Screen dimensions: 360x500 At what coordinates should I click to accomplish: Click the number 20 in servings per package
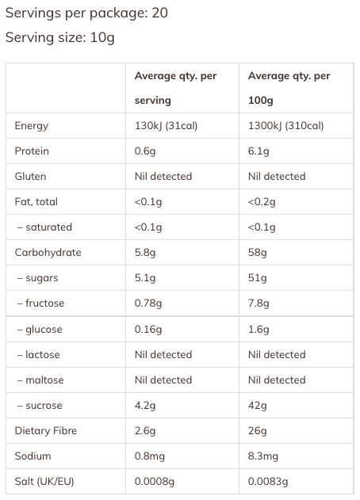point(159,13)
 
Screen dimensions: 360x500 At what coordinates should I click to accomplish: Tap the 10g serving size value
point(102,38)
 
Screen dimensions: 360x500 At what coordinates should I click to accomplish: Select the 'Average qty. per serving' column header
point(175,88)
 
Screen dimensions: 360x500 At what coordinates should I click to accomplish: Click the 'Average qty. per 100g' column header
point(289,88)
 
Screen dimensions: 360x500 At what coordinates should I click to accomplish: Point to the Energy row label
point(31,126)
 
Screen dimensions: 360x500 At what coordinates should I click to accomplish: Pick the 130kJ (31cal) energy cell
point(166,126)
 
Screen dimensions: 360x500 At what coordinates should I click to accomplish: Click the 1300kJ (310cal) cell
point(286,126)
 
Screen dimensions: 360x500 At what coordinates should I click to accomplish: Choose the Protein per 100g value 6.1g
point(259,151)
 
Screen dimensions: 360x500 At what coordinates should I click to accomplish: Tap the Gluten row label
point(30,177)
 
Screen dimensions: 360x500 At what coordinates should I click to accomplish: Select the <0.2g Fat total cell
point(262,202)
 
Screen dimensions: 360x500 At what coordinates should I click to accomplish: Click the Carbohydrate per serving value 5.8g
point(145,253)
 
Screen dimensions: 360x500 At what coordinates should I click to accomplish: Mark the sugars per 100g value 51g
point(257,278)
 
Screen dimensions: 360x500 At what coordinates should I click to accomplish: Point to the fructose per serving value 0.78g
point(148,303)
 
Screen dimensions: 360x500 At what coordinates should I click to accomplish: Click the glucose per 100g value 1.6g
point(259,330)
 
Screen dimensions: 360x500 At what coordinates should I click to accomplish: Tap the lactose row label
point(38,354)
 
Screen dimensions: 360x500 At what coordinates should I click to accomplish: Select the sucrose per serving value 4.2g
point(145,406)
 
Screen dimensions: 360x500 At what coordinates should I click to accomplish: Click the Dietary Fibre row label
point(46,431)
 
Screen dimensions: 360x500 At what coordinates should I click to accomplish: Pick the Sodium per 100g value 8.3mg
point(263,456)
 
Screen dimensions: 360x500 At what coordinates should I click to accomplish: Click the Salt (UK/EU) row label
point(44,482)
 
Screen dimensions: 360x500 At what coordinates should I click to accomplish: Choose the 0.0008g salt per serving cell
point(155,482)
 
